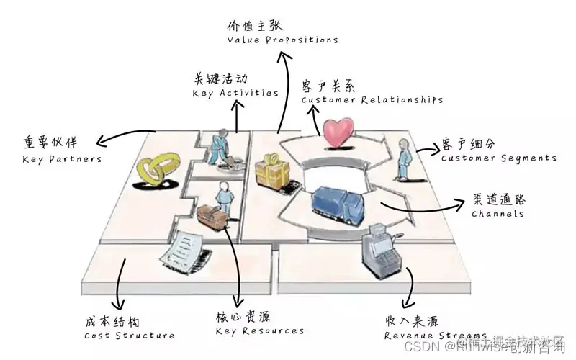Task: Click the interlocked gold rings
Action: [156, 173]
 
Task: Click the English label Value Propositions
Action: [282, 40]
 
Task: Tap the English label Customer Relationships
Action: [372, 100]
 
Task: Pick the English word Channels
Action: [498, 214]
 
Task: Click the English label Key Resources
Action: [259, 331]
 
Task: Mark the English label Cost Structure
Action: [129, 335]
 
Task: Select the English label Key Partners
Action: [61, 158]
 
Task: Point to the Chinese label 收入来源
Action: [413, 320]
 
